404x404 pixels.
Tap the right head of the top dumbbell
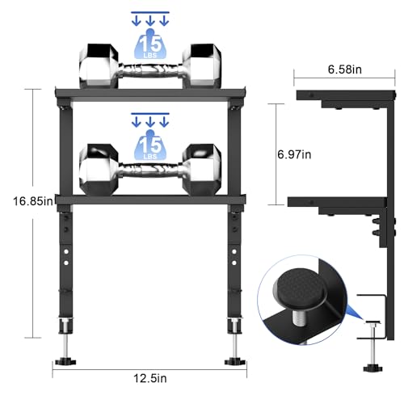202,66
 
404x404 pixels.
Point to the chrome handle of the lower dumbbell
151,172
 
